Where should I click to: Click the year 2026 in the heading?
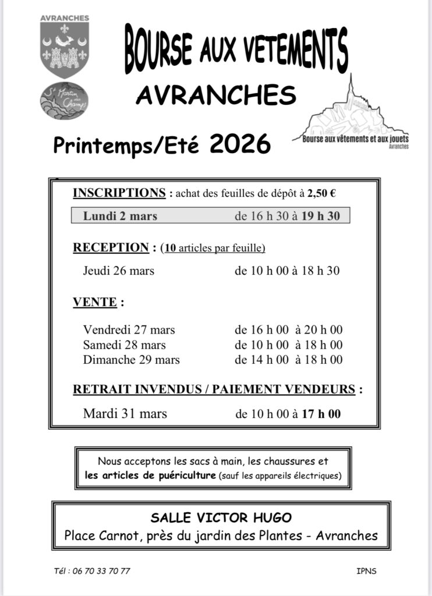pos(240,143)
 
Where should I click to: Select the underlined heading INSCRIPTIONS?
pos(119,193)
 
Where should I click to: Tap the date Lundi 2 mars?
pos(120,216)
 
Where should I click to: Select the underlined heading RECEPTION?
pos(111,248)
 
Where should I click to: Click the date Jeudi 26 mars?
pos(119,271)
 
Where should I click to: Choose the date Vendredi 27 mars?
pos(129,330)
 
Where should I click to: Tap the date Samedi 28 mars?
pos(124,345)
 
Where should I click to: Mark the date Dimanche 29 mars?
pos(131,360)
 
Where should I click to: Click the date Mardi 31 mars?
pos(125,414)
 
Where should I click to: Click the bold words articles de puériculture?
pos(151,476)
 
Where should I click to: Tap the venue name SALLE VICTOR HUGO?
pos(221,517)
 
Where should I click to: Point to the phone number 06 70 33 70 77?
pos(101,571)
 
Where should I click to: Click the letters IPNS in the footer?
pos(366,571)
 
